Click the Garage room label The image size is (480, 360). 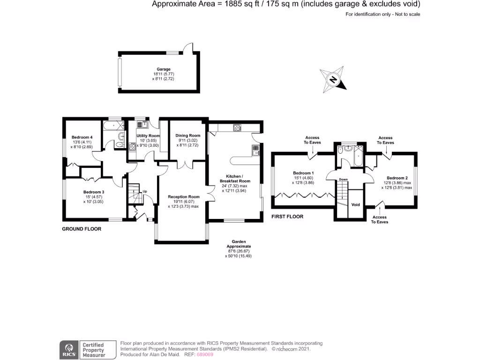[x=164, y=69]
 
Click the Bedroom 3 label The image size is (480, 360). [x=94, y=192]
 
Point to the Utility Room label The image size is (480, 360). [x=148, y=136]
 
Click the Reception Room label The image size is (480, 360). [x=184, y=197]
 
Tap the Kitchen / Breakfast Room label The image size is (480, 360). [x=235, y=178]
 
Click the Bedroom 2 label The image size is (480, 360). [x=397, y=178]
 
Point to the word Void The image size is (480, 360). [x=355, y=205]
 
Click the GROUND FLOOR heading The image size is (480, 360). [x=82, y=229]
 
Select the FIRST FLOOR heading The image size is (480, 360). [x=287, y=217]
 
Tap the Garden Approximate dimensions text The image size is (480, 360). [x=239, y=248]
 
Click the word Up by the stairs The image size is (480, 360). [x=145, y=191]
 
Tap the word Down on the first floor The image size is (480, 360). [x=343, y=179]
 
